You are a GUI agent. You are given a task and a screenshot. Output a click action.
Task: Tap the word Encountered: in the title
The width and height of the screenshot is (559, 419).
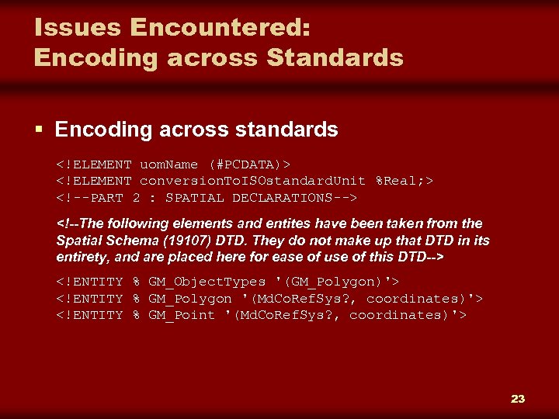tap(220, 28)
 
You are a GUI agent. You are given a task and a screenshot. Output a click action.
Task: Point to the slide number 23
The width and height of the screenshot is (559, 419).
tap(518, 399)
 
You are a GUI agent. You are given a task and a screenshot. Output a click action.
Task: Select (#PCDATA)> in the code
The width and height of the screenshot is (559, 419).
tap(249, 164)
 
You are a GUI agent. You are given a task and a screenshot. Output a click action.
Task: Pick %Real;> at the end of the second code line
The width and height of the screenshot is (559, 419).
tap(404, 181)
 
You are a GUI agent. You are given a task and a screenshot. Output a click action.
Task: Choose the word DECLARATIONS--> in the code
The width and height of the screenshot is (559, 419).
tap(294, 198)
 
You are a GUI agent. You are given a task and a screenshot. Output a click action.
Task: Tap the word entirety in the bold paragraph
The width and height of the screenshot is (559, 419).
tap(82, 257)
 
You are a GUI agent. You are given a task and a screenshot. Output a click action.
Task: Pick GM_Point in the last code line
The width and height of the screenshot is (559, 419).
tap(182, 315)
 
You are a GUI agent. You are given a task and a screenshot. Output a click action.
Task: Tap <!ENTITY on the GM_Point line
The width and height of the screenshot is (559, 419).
tap(89, 315)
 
